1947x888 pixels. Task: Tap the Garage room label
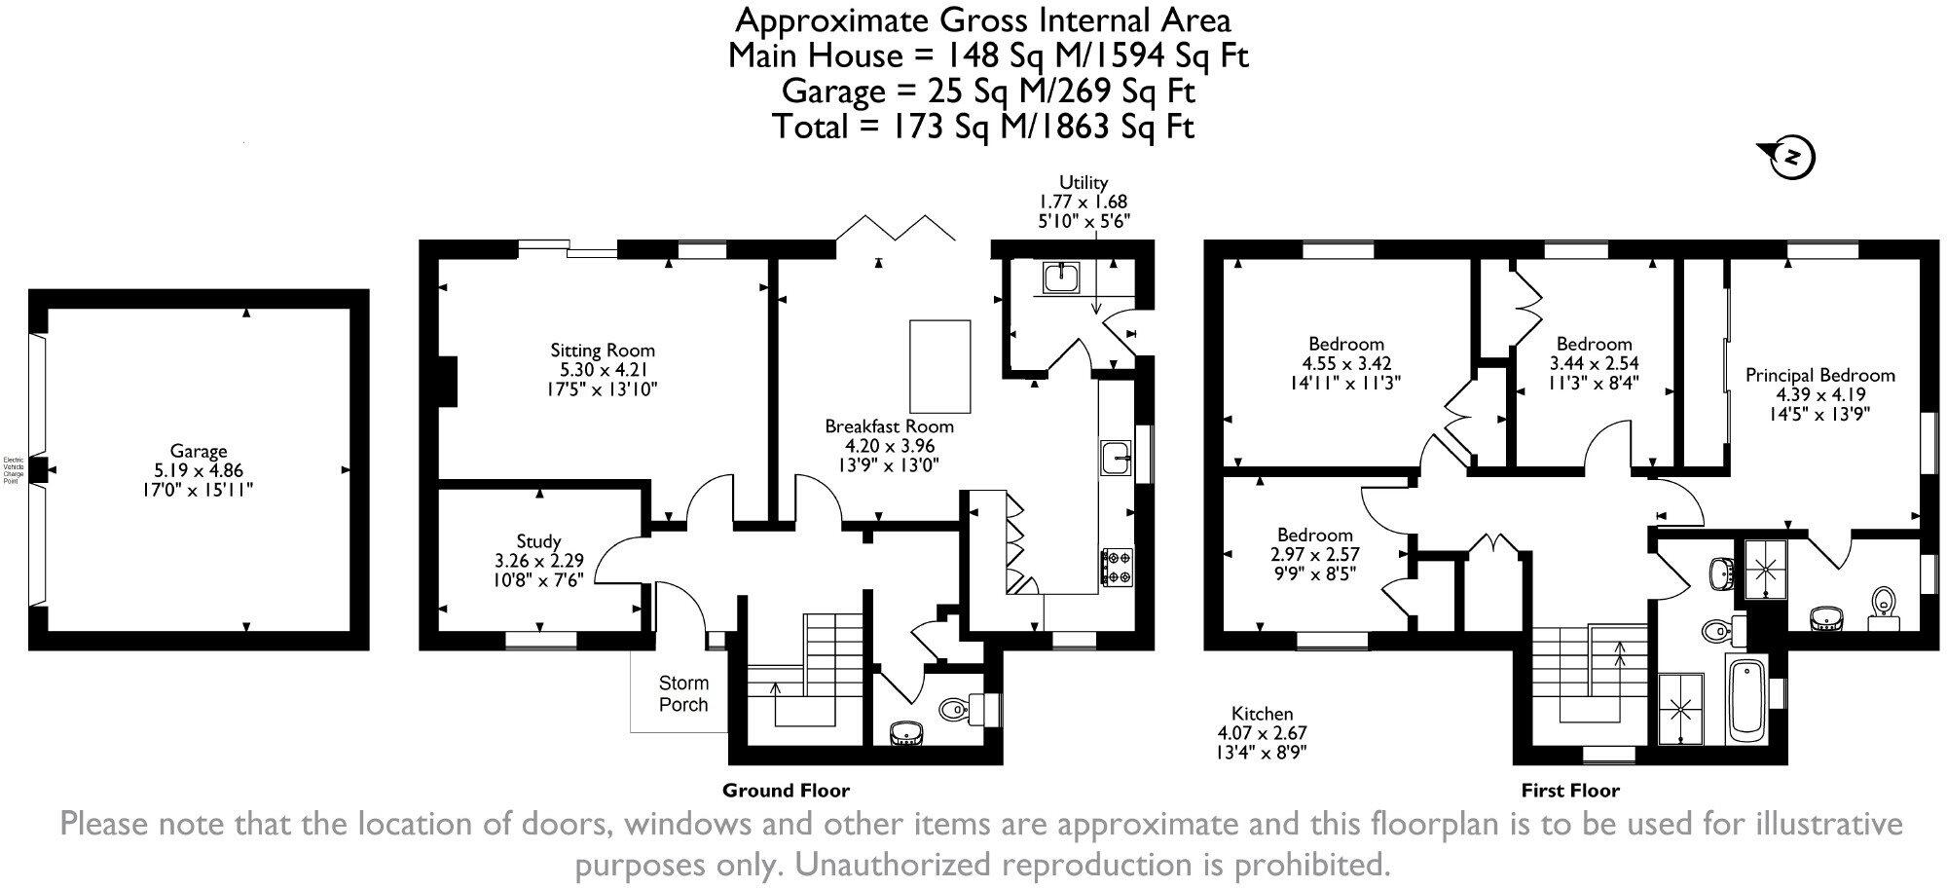click(x=199, y=451)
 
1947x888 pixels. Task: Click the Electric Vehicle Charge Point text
click(x=13, y=470)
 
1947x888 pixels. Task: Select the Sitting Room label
click(x=603, y=351)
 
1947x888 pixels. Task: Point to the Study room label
click(x=538, y=541)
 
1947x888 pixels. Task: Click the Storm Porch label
click(x=683, y=693)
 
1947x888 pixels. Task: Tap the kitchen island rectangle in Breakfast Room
click(x=939, y=366)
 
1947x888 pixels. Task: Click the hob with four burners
click(x=1117, y=568)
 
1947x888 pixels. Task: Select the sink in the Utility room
click(x=1061, y=277)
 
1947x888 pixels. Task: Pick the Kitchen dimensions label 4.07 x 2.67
click(x=1262, y=733)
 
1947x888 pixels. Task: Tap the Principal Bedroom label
click(x=1819, y=375)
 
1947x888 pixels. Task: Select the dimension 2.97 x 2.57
click(x=1315, y=555)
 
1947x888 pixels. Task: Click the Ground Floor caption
click(x=786, y=791)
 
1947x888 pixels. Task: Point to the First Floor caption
click(x=1570, y=791)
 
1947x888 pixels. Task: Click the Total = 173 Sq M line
click(x=983, y=127)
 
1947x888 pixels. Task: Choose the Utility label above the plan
click(x=1084, y=182)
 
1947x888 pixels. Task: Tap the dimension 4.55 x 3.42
click(x=1346, y=364)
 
